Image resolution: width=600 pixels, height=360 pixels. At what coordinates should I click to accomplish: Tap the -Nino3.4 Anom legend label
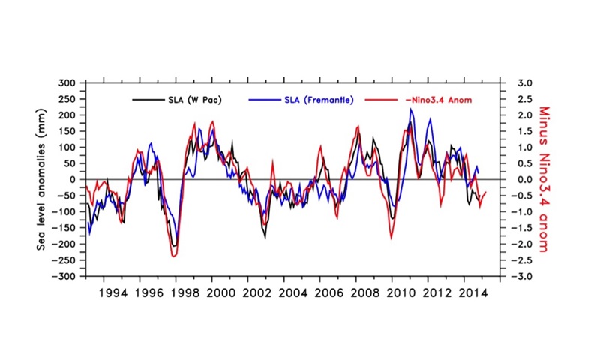pyautogui.click(x=433, y=99)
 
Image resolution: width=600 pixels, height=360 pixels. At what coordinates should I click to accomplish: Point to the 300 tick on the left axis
pyautogui.click(x=69, y=83)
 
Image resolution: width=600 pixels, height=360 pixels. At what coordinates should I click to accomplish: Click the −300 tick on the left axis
pyautogui.click(x=66, y=277)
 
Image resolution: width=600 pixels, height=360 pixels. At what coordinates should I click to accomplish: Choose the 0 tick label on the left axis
pyautogui.click(x=75, y=180)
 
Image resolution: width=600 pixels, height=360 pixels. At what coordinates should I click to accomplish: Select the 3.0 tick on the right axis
pyautogui.click(x=524, y=83)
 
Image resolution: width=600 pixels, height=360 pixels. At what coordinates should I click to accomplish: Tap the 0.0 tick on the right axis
pyautogui.click(x=524, y=180)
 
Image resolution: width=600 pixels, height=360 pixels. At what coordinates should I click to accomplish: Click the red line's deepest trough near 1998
pyautogui.click(x=174, y=256)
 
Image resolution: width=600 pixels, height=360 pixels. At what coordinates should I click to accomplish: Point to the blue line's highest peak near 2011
pyautogui.click(x=411, y=109)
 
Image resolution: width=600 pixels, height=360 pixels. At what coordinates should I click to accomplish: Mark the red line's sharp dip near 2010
pyautogui.click(x=391, y=238)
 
